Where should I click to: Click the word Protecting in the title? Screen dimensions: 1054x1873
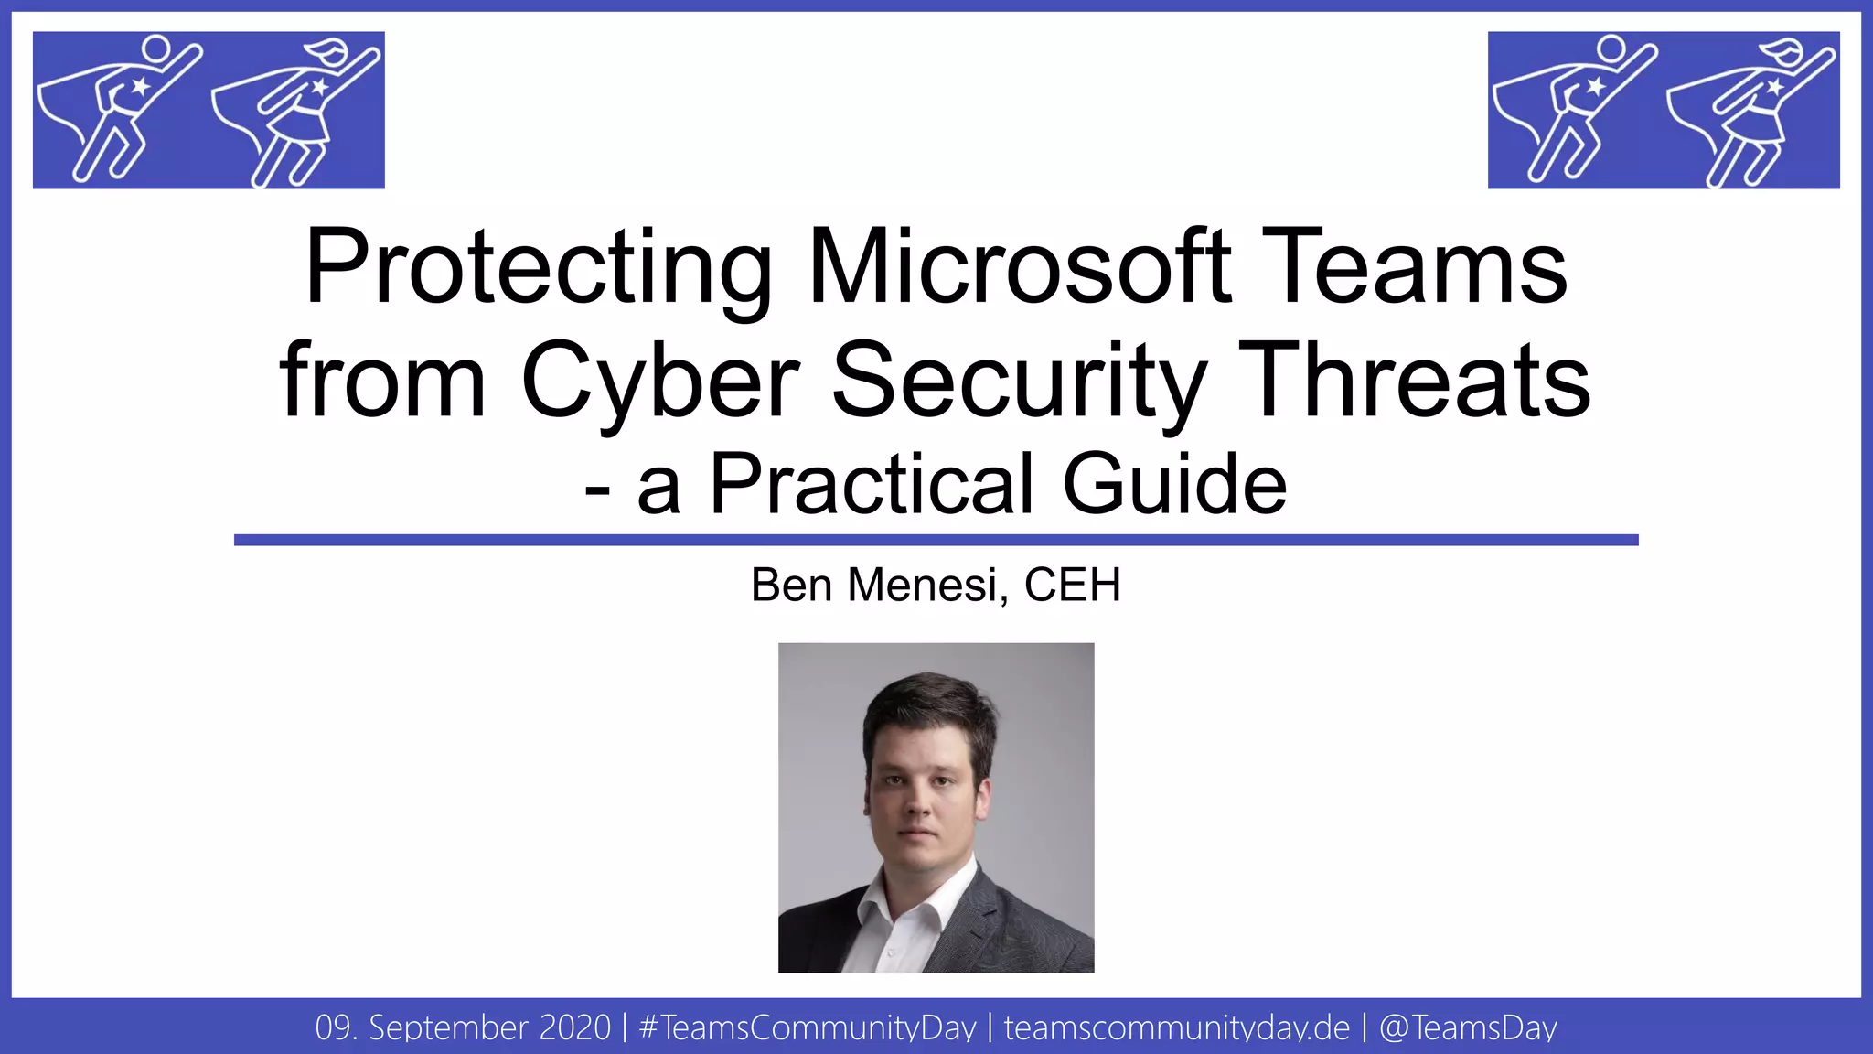point(539,267)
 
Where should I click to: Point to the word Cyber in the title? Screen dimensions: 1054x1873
point(660,381)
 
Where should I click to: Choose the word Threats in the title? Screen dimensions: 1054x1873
point(1417,381)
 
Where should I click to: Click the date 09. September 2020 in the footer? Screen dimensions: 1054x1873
point(463,1027)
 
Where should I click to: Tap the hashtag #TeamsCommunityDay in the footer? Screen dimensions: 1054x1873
point(808,1027)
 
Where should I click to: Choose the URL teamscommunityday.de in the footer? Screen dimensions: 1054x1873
point(1177,1027)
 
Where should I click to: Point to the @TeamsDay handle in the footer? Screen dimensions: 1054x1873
point(1468,1027)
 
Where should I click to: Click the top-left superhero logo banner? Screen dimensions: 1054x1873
point(209,110)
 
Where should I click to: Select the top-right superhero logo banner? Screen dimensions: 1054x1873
point(1664,110)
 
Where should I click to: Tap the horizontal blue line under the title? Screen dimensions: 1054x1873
point(936,540)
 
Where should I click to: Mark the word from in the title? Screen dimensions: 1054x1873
point(382,381)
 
